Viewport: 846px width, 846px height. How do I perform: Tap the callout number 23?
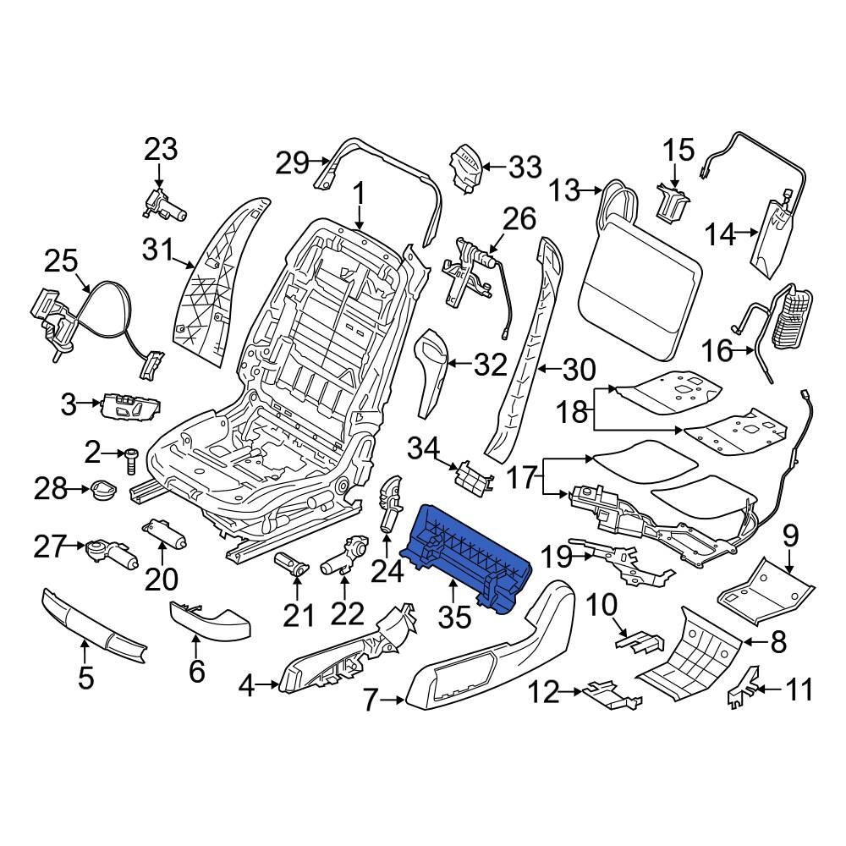[161, 150]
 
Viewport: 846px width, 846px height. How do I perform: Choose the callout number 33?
[525, 168]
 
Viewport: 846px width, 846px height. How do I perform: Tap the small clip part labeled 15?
[673, 201]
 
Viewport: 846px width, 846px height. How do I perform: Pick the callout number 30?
[579, 370]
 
